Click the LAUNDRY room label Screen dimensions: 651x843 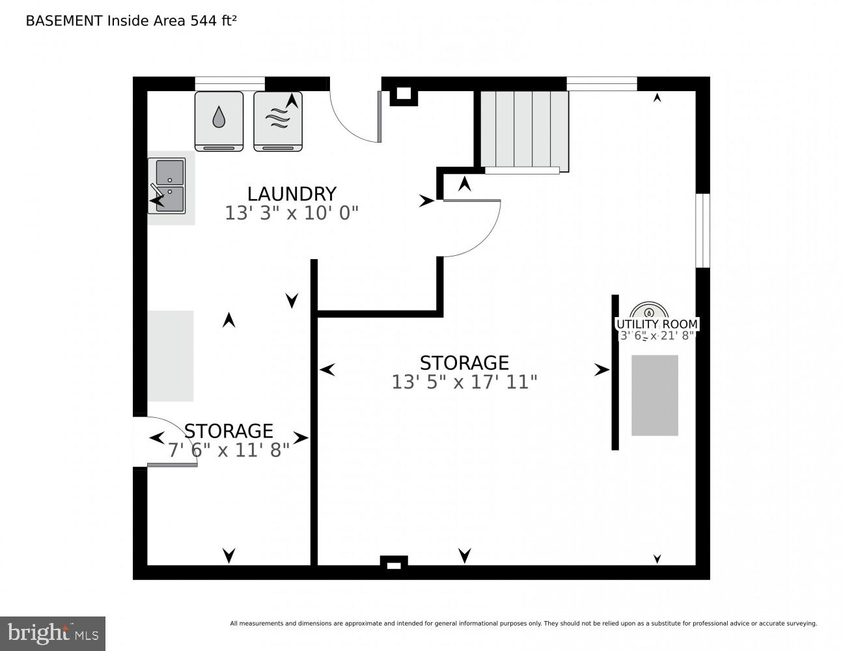[x=292, y=194]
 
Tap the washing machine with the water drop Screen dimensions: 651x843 [x=219, y=120]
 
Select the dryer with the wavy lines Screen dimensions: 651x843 [x=278, y=120]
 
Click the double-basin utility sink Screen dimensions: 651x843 [x=171, y=186]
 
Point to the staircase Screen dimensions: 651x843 [x=524, y=130]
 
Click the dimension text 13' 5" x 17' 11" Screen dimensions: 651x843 [x=464, y=382]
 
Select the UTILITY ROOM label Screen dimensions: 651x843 [x=657, y=324]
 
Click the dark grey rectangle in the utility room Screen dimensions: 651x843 [x=655, y=395]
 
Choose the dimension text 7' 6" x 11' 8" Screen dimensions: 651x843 [x=228, y=450]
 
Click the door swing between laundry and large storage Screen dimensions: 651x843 [x=472, y=228]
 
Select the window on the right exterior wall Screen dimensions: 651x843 [x=702, y=230]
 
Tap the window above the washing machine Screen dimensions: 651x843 [x=230, y=83]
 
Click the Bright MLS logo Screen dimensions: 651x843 [x=53, y=633]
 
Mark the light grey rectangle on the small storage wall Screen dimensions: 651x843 [x=171, y=355]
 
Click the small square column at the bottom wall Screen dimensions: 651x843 [x=394, y=563]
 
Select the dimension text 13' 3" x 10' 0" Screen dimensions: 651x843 [x=292, y=214]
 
